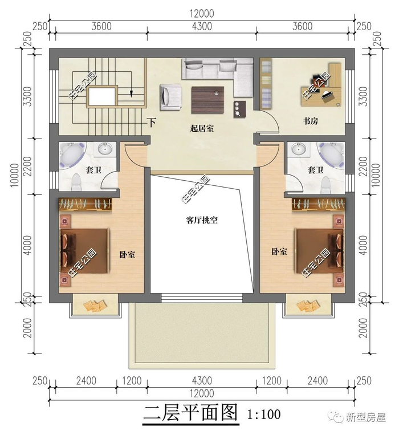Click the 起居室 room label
pos(202,128)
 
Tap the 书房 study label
pos(310,121)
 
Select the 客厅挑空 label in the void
pos(202,220)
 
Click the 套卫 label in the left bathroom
pos(93,170)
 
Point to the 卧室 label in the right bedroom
pos(279,251)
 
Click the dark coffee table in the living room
pos(207,100)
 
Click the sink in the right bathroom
pos(299,149)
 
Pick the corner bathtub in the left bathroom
pos(71,155)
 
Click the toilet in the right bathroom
pos(326,185)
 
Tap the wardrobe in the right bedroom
pos(318,205)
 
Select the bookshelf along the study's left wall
pos(266,83)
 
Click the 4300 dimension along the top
pos(202,26)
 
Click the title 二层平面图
pos(191,412)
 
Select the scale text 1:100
pos(264,414)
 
